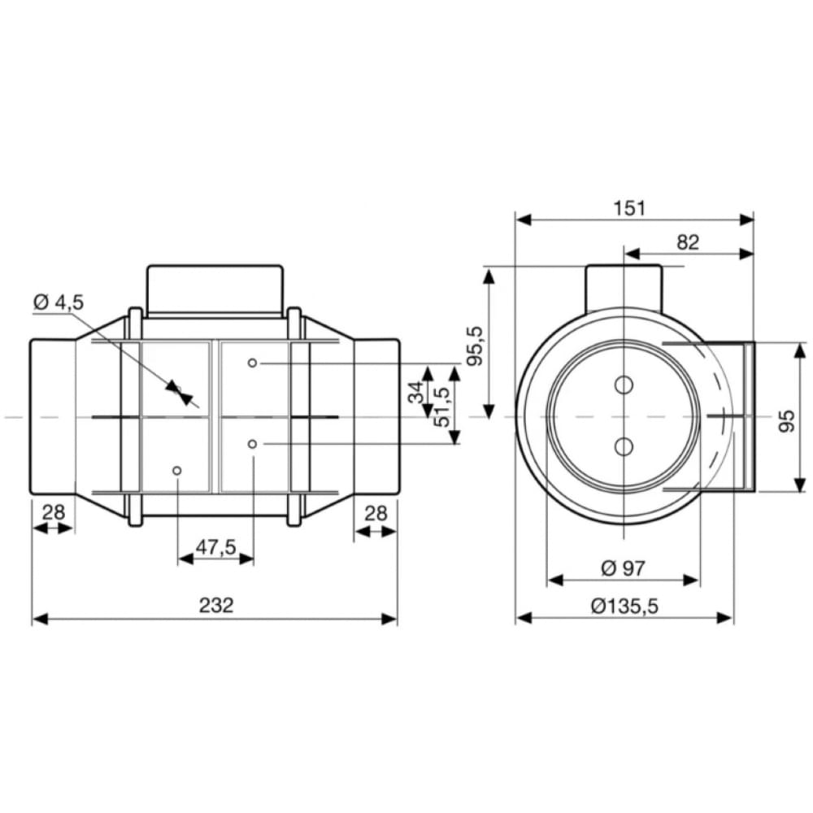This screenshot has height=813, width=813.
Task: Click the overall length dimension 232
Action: [x=215, y=605]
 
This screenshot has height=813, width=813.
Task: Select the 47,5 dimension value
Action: [x=215, y=546]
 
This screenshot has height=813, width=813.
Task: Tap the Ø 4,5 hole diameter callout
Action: [x=58, y=302]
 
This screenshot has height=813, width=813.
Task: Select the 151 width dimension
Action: [x=629, y=207]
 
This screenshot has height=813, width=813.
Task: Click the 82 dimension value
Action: [x=687, y=241]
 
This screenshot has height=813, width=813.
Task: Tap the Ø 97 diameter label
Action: [x=623, y=567]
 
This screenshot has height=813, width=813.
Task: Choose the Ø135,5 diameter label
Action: [x=624, y=606]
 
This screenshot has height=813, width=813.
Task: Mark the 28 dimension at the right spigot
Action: [x=375, y=513]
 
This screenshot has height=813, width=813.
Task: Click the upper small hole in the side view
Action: [x=253, y=363]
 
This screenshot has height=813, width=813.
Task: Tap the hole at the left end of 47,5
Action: [x=177, y=471]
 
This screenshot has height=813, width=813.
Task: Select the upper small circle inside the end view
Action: [x=624, y=385]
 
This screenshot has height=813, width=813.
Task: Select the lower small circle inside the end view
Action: [x=624, y=446]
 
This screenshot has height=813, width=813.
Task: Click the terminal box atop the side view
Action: [x=215, y=289]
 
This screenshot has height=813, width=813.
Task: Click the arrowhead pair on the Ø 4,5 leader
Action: [x=180, y=392]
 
